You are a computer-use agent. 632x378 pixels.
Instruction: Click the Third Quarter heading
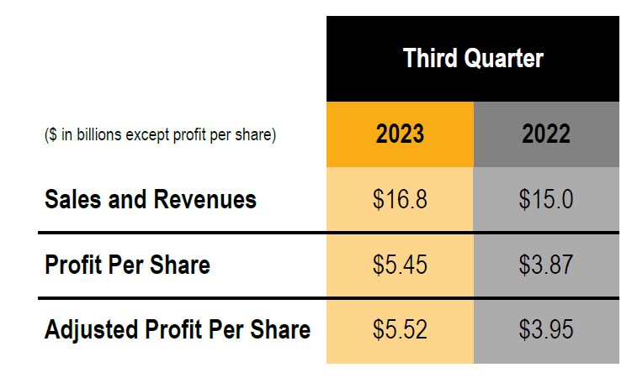pos(473,58)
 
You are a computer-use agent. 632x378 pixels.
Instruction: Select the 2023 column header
pos(400,134)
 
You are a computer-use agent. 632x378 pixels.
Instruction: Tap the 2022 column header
pos(546,134)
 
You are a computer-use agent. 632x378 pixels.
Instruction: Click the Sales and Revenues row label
pos(151,200)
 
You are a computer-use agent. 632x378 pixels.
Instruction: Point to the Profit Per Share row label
pos(127,265)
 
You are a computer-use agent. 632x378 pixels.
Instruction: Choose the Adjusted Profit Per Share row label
pos(178,329)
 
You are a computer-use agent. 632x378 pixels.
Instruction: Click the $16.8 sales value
pos(400,200)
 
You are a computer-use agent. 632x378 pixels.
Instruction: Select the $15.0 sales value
pos(546,200)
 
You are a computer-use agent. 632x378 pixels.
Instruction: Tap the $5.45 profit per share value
pos(400,265)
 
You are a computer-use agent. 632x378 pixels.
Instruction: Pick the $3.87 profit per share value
pos(546,265)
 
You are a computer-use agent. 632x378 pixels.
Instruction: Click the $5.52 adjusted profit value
pos(400,329)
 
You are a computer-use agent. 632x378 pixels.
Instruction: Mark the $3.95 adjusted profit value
pos(546,329)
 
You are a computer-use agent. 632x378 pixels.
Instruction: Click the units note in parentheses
pos(160,134)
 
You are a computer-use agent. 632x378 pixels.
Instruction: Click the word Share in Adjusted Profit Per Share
pos(281,329)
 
